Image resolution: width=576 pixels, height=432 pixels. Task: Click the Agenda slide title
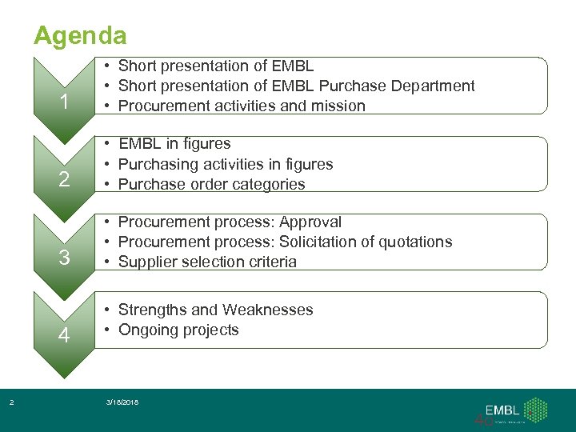click(x=79, y=35)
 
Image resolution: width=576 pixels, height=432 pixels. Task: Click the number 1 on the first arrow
click(x=64, y=102)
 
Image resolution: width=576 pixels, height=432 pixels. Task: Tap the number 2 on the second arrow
click(x=64, y=179)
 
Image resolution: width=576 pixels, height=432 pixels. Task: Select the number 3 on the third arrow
click(x=64, y=258)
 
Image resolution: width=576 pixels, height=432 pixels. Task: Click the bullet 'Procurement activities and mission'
click(x=242, y=106)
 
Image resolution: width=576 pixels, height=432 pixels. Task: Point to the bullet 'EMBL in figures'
click(x=174, y=144)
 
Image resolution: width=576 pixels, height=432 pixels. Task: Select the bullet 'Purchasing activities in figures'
click(x=226, y=164)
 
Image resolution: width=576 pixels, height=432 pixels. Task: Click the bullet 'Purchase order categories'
click(x=212, y=184)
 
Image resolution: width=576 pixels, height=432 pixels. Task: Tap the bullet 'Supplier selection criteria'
click(x=207, y=262)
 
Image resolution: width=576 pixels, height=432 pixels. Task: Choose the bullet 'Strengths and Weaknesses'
click(x=215, y=310)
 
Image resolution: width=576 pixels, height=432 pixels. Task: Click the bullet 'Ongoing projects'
click(x=178, y=330)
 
